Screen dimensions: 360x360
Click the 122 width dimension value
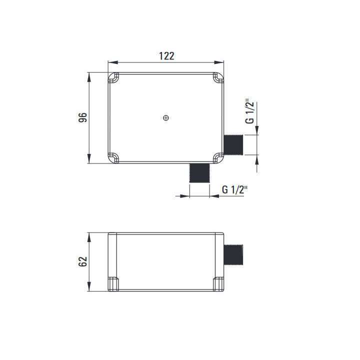pos(166,56)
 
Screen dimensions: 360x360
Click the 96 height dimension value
pos(83,117)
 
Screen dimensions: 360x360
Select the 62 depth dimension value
pos(83,261)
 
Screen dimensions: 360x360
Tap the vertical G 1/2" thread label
pos(249,113)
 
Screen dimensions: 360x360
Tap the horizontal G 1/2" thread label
pos(234,189)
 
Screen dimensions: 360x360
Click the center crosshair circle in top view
pos(166,118)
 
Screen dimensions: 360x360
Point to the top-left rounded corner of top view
pos(113,78)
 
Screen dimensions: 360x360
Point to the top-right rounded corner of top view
pos(219,78)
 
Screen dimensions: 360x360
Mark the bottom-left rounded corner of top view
pos(113,157)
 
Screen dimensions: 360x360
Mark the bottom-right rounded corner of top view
pos(219,157)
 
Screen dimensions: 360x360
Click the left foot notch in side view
pos(113,283)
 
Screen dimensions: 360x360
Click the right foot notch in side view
pos(219,283)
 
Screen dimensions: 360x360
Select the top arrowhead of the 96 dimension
pos(89,76)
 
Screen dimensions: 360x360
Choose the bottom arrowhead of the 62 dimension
pos(89,288)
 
